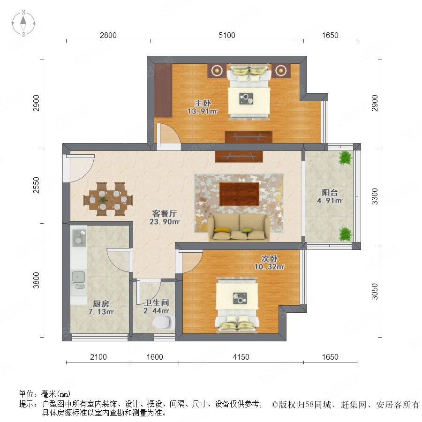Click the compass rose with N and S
click(x=23, y=23)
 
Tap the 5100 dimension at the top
click(x=226, y=35)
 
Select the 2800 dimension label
click(x=108, y=35)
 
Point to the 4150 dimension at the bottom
click(x=241, y=357)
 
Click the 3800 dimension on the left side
click(x=36, y=280)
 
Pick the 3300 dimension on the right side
click(x=375, y=196)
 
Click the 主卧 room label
click(x=203, y=103)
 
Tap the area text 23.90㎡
click(x=165, y=222)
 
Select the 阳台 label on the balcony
click(x=330, y=193)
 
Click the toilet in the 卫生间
click(x=162, y=322)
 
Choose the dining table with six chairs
click(x=108, y=199)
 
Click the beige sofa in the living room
click(x=239, y=228)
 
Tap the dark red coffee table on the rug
click(x=239, y=194)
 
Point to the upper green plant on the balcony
click(x=345, y=158)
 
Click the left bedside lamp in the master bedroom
click(x=217, y=71)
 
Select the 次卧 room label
click(x=270, y=259)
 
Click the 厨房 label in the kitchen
click(x=101, y=304)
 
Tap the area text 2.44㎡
click(x=156, y=311)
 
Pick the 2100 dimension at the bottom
click(x=98, y=357)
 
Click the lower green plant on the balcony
click(x=345, y=234)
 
